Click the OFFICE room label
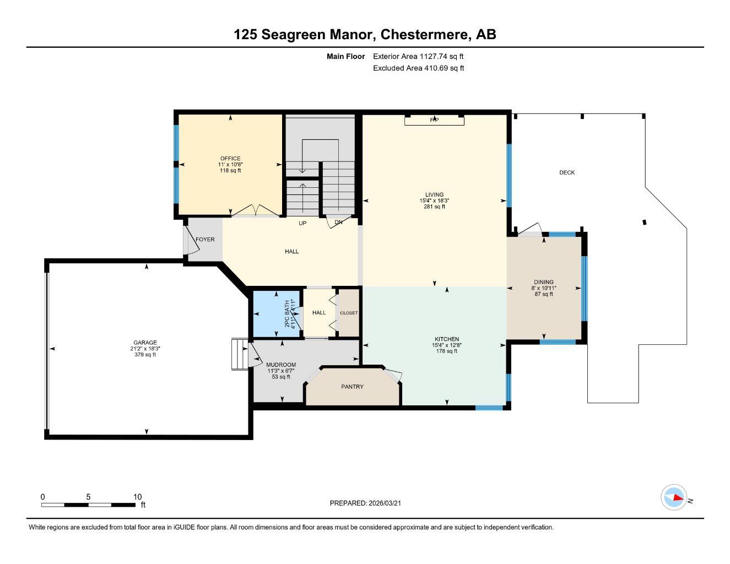click(x=230, y=159)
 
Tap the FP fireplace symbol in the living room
click(x=434, y=120)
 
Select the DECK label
click(x=567, y=172)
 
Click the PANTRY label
click(x=352, y=387)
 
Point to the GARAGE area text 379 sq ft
click(x=145, y=355)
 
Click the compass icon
click(x=674, y=498)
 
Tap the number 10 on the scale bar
click(x=137, y=496)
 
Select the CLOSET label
click(x=349, y=313)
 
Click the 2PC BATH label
click(x=286, y=314)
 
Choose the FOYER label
click(x=205, y=240)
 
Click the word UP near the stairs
click(x=302, y=223)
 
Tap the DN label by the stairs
click(x=338, y=223)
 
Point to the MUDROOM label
click(x=281, y=365)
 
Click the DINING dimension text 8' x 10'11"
click(x=543, y=288)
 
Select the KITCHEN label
click(x=446, y=339)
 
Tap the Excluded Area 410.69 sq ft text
click(x=419, y=68)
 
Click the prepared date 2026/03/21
click(x=389, y=503)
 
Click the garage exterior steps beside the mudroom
click(x=239, y=354)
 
